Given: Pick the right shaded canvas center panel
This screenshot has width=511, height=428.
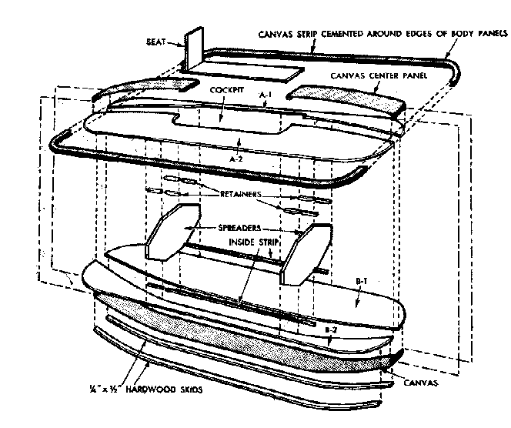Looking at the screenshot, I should [346, 99].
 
